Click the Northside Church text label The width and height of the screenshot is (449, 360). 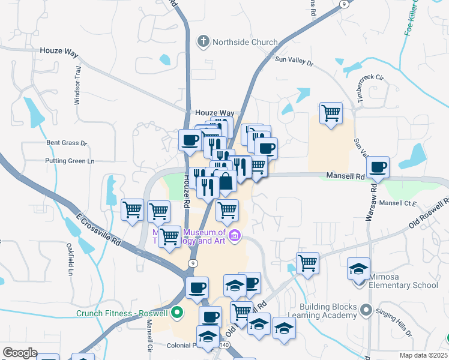coord(245,42)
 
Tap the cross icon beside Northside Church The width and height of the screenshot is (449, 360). coord(204,42)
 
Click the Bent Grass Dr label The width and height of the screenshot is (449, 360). coord(67,143)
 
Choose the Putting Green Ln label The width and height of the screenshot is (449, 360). coord(70,161)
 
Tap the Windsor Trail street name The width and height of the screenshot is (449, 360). coord(77,90)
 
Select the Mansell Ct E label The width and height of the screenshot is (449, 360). coord(397,203)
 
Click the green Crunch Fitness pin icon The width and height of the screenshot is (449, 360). coord(176,313)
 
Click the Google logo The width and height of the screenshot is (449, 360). coord(20,352)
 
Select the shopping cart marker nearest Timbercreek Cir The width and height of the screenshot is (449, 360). coord(331,113)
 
